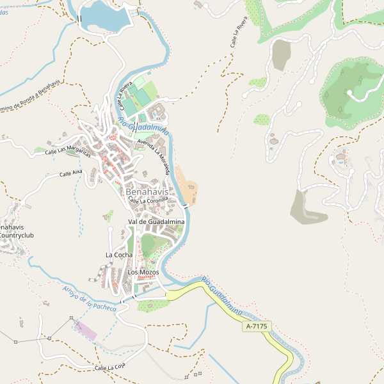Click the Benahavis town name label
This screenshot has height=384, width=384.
[147, 191]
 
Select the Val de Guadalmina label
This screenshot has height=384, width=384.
[156, 221]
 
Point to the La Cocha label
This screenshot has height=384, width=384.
[119, 255]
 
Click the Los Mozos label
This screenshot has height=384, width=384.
[142, 272]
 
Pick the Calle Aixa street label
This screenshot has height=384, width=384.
[71, 173]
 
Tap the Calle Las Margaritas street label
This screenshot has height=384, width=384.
[69, 151]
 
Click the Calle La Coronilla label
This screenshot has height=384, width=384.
[148, 200]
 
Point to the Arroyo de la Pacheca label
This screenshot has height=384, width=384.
[90, 298]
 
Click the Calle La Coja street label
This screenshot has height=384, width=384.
[109, 368]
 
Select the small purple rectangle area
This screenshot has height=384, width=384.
[85, 331]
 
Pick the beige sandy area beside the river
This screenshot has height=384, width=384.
[188, 186]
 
